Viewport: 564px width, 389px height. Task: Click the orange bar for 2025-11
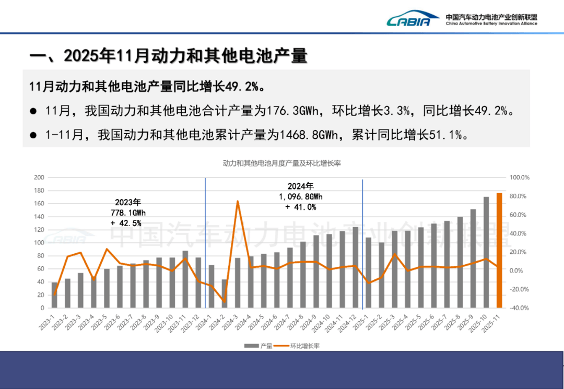[x=499, y=251]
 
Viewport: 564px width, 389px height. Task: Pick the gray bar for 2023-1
[x=55, y=295]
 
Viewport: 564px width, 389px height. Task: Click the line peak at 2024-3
[x=238, y=201]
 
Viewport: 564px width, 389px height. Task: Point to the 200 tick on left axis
[x=38, y=178]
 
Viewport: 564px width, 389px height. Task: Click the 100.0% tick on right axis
[x=520, y=178]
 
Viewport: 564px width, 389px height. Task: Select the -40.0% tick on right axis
[x=520, y=308]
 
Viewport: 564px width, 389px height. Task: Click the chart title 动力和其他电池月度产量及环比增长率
[x=281, y=163]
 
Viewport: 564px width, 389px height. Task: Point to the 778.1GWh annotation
[x=128, y=213]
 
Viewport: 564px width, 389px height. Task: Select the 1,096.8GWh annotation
[x=301, y=196]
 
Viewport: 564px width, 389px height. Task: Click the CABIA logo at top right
[x=408, y=20]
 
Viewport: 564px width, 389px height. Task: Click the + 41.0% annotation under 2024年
[x=301, y=207]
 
